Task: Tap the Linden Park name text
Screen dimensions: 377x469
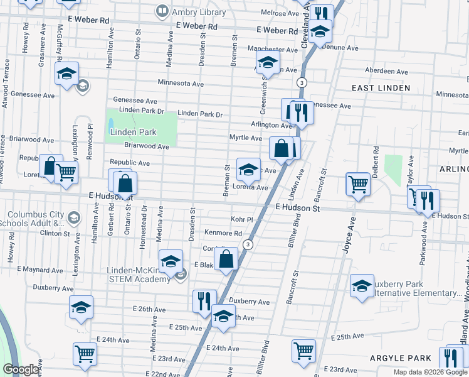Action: [132, 132]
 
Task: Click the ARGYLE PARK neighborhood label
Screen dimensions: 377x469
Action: [400, 358]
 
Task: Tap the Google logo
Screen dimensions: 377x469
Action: [21, 369]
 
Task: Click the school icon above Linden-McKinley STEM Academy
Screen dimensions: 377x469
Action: [170, 262]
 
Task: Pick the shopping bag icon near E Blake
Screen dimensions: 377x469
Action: [226, 258]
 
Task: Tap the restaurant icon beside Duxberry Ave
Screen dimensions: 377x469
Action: [204, 301]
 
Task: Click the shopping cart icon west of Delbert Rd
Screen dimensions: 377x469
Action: [357, 185]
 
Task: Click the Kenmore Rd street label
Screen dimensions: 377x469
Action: [223, 233]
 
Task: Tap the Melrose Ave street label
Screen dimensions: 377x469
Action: [280, 13]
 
